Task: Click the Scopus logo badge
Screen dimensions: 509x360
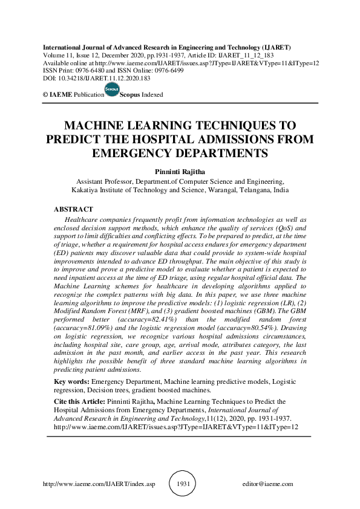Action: [113, 91]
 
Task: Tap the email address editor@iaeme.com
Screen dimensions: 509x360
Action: [267, 484]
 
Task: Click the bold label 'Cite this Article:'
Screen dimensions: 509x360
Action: [80, 401]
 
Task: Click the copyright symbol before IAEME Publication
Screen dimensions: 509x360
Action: [45, 95]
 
